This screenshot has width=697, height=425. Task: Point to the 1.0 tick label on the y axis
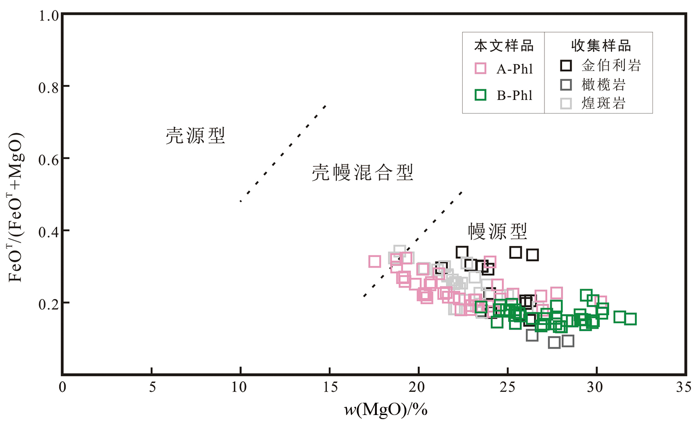pyautogui.click(x=49, y=16)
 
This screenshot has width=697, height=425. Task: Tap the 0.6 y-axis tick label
pyautogui.click(x=49, y=160)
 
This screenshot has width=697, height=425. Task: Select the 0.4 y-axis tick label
pyautogui.click(x=49, y=232)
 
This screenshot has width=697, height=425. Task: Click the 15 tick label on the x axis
pyautogui.click(x=330, y=387)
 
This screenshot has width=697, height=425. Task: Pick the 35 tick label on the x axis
pyautogui.click(x=683, y=387)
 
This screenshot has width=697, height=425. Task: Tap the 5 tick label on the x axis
pyautogui.click(x=152, y=387)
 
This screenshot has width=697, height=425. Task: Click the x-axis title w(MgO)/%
pyautogui.click(x=386, y=410)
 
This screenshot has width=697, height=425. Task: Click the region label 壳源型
pyautogui.click(x=195, y=135)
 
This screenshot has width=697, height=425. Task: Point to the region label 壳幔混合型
pyautogui.click(x=362, y=173)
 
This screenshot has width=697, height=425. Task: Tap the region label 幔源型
pyautogui.click(x=498, y=231)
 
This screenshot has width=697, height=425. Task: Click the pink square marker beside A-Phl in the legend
pyautogui.click(x=480, y=69)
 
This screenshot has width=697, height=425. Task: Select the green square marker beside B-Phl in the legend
pyautogui.click(x=480, y=95)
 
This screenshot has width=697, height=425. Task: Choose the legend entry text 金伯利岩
pyautogui.click(x=611, y=65)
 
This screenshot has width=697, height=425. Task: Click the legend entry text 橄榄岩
pyautogui.click(x=603, y=85)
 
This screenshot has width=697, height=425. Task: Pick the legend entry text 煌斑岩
pyautogui.click(x=603, y=103)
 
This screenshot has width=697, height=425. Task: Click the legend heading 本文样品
pyautogui.click(x=504, y=46)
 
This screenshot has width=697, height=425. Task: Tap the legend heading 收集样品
pyautogui.click(x=601, y=46)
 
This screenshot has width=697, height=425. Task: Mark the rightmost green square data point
pyautogui.click(x=630, y=319)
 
